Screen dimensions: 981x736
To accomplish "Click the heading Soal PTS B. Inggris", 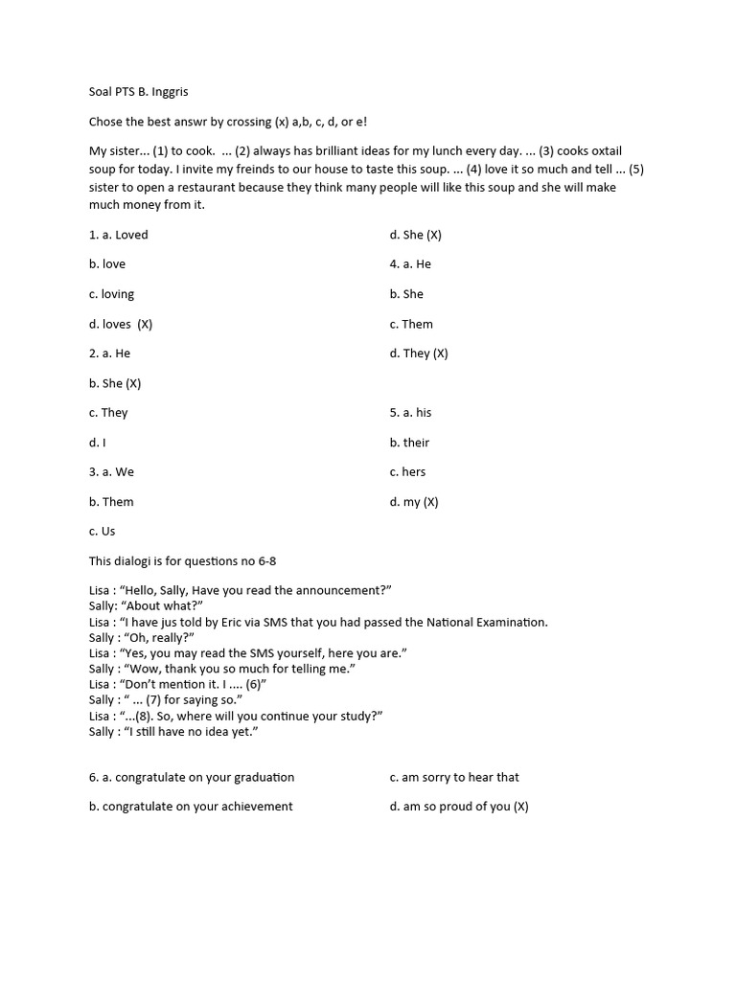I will [x=146, y=93].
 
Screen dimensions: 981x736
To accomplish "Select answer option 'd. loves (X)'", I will [x=121, y=324].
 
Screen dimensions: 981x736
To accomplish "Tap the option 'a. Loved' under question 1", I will [x=119, y=235].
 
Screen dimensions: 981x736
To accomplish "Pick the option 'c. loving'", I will [x=111, y=294].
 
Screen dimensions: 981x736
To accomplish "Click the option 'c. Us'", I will [x=103, y=531].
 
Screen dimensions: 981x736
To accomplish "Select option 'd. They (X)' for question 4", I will [x=419, y=354].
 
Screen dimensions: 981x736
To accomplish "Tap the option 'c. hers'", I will [x=407, y=471].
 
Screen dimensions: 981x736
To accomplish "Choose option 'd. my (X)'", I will [x=414, y=502].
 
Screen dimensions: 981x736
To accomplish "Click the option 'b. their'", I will [x=409, y=443].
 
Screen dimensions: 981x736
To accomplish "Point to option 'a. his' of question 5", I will [x=410, y=413].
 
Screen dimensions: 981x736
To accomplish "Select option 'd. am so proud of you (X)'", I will [x=459, y=807].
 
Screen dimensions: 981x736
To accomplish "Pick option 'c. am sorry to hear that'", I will [x=454, y=777].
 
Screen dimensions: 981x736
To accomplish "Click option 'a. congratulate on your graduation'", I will [x=192, y=777].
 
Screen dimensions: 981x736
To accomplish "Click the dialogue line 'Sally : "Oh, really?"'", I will [x=142, y=637].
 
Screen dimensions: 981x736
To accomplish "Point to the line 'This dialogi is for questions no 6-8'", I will [x=183, y=560].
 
